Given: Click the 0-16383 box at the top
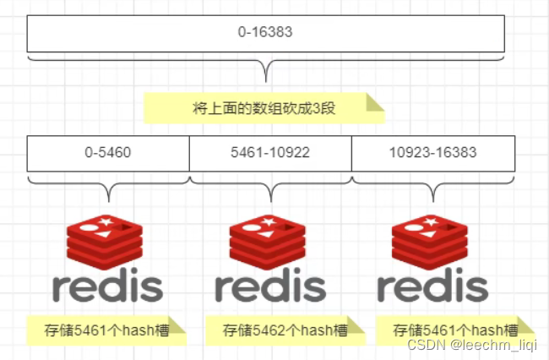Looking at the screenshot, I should [x=265, y=34].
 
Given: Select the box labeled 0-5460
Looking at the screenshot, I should [x=107, y=153].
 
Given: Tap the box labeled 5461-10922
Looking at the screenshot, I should [x=270, y=153].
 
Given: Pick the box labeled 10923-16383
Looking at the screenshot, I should [x=432, y=153].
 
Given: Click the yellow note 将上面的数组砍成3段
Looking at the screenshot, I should [x=264, y=108].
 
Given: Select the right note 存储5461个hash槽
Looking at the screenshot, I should [x=454, y=330].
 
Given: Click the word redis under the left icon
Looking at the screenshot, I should [x=107, y=287].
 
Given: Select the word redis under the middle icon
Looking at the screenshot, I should [x=269, y=287].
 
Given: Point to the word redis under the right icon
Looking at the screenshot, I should [x=432, y=287].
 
